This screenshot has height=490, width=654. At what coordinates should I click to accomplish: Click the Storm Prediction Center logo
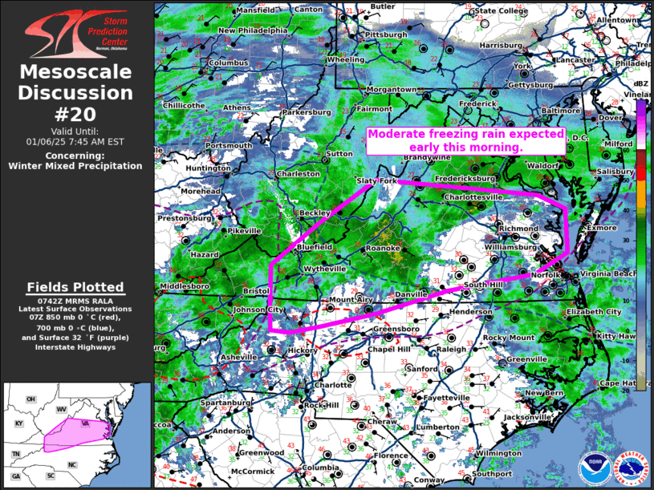pos(76,32)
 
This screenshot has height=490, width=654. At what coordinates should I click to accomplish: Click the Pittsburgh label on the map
pos(386,35)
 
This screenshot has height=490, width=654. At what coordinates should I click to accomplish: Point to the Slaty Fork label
pos(377,181)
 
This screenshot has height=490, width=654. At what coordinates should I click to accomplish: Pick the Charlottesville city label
pos(473,196)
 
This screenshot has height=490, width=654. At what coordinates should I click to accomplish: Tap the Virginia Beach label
pos(607,274)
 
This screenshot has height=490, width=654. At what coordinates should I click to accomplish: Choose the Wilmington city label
pos(498,453)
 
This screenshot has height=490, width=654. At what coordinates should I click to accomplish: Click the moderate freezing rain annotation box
pos(465,141)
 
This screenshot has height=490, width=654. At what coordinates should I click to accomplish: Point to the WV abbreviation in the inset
pos(61,409)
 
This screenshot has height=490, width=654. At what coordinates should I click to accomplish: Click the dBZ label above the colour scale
pos(641,83)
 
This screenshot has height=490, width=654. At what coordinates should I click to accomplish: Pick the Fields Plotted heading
pos(75,287)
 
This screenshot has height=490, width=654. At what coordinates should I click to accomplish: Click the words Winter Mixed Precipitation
pos(75,166)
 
